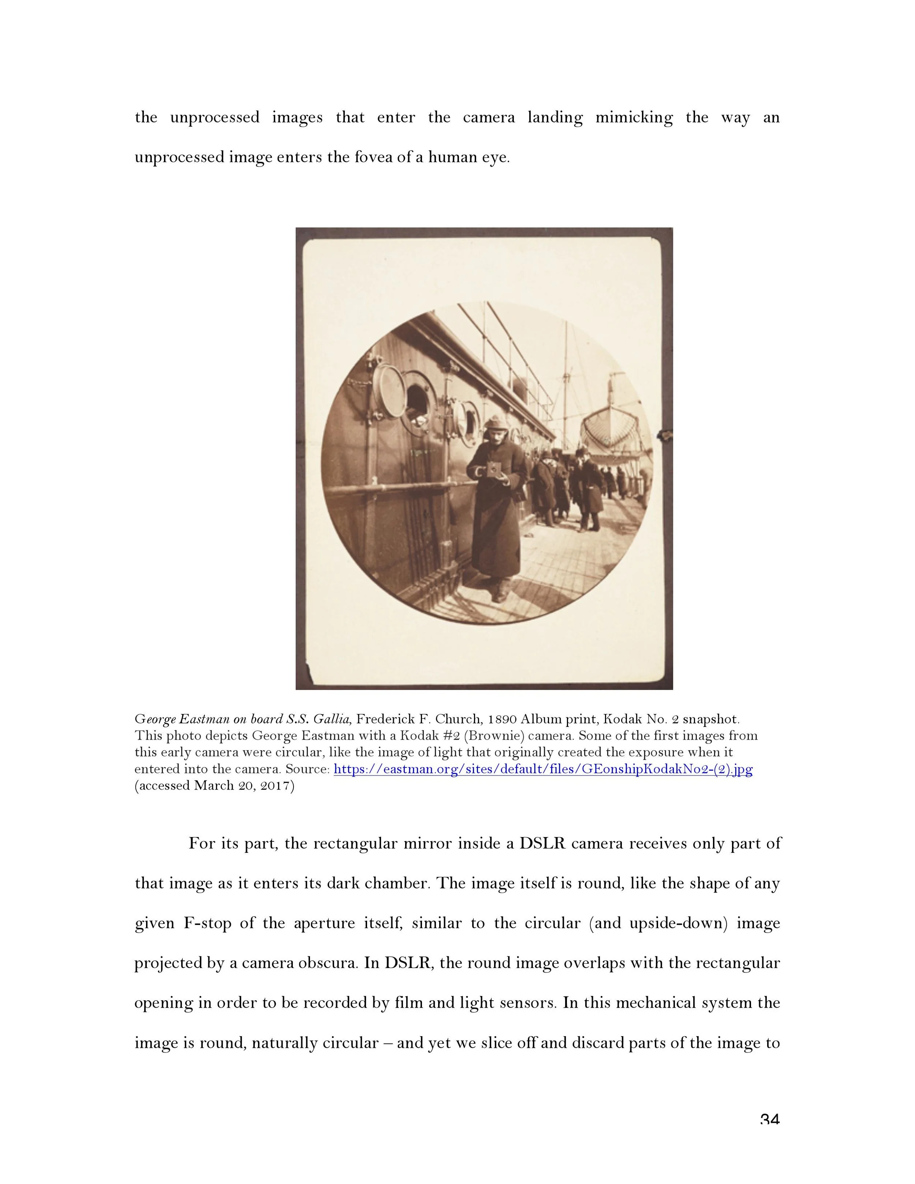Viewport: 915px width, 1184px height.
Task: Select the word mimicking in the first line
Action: coord(634,117)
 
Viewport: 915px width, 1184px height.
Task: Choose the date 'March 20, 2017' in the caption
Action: coord(244,785)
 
